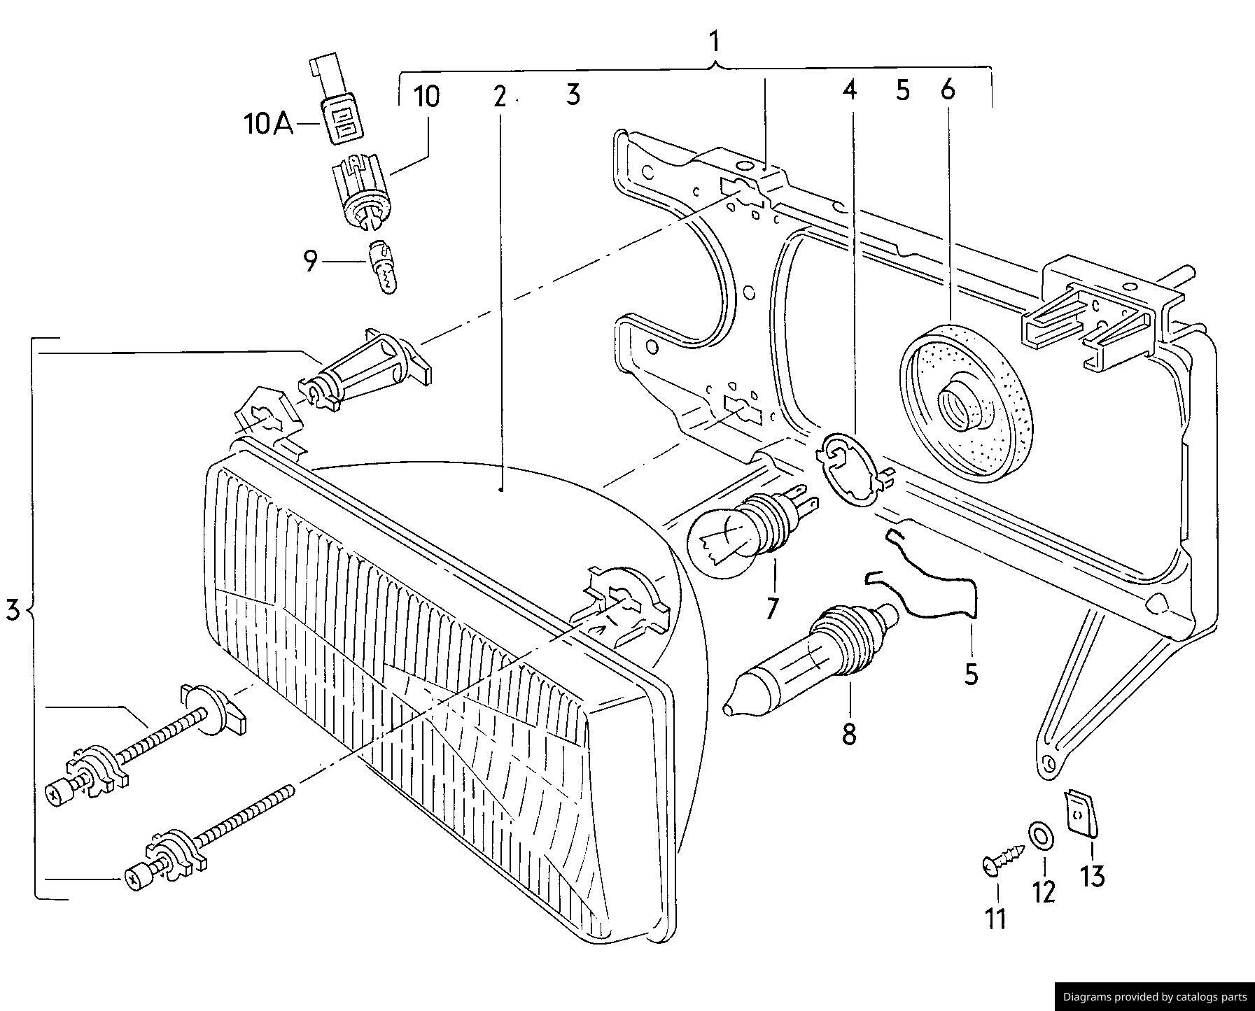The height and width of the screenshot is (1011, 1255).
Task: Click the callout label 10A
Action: pos(268,125)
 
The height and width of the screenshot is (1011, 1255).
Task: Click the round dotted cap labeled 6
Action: pos(965,402)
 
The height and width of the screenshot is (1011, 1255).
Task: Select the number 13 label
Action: pos(1091,876)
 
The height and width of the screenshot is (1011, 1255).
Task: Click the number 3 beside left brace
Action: pos(13,609)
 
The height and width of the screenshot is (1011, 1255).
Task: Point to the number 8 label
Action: pos(848,734)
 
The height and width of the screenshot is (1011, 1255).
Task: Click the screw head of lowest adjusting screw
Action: pos(134,879)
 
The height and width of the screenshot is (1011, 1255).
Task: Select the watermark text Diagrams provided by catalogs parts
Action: pos(1154,997)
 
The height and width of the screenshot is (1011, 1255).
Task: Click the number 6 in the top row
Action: pos(948,90)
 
